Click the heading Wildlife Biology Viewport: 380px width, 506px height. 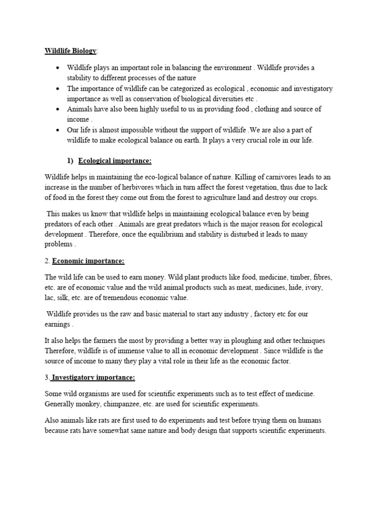pos(71,50)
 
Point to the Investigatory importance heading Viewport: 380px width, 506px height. pos(93,378)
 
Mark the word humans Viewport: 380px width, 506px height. pos(310,421)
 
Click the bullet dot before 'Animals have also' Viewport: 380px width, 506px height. pos(58,109)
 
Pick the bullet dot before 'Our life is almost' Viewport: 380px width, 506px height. pos(58,130)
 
